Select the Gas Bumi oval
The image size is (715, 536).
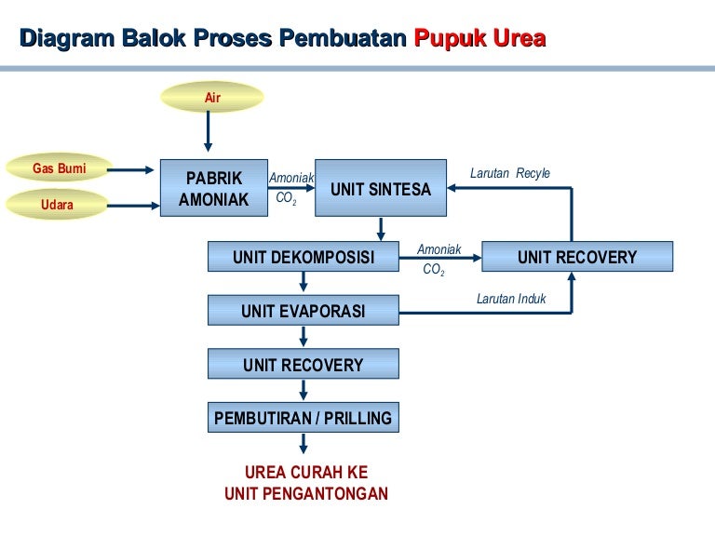click(x=60, y=168)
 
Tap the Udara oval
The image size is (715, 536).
click(x=57, y=204)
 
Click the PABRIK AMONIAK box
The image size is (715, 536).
click(x=213, y=189)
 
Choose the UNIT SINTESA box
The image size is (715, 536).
click(x=381, y=189)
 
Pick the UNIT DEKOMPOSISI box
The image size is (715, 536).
click(x=304, y=257)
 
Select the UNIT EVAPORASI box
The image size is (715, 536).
click(x=304, y=311)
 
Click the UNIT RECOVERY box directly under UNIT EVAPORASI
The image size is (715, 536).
click(x=304, y=364)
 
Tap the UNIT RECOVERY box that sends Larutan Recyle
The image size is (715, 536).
click(x=577, y=257)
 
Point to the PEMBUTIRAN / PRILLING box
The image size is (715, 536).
click(x=304, y=418)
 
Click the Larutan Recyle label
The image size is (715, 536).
click(x=510, y=173)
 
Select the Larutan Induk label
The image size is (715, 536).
click(x=511, y=299)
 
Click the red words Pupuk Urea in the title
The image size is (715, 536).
click(x=479, y=39)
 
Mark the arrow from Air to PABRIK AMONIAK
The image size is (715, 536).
click(x=209, y=133)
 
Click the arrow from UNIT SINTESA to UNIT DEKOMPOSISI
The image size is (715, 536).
click(x=381, y=229)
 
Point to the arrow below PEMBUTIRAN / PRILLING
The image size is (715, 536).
click(x=304, y=444)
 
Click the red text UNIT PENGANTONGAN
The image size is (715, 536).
click(x=306, y=494)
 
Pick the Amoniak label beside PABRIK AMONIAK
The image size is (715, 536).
click(x=290, y=178)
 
